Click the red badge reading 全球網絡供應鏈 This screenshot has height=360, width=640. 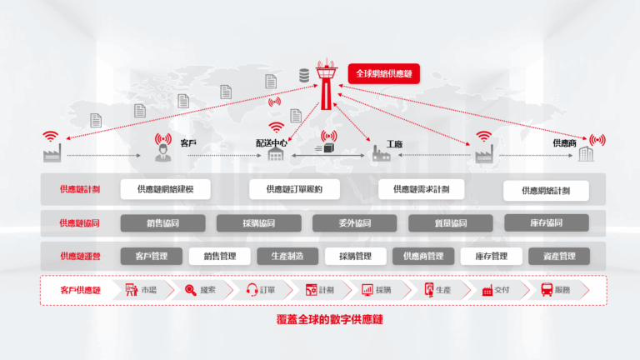(x=383, y=72)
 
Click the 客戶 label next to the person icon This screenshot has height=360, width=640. (x=189, y=143)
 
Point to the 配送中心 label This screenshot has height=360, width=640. (x=272, y=143)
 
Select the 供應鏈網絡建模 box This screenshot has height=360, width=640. (x=166, y=189)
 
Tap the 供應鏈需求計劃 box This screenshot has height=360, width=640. (x=421, y=189)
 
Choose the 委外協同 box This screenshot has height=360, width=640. (x=354, y=223)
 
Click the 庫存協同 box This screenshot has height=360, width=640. (x=546, y=223)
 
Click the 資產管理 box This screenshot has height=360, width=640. (x=558, y=256)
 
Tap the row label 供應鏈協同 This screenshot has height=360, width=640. (x=80, y=223)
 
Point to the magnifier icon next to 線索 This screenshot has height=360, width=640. (x=190, y=290)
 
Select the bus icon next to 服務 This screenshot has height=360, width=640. (x=547, y=290)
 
